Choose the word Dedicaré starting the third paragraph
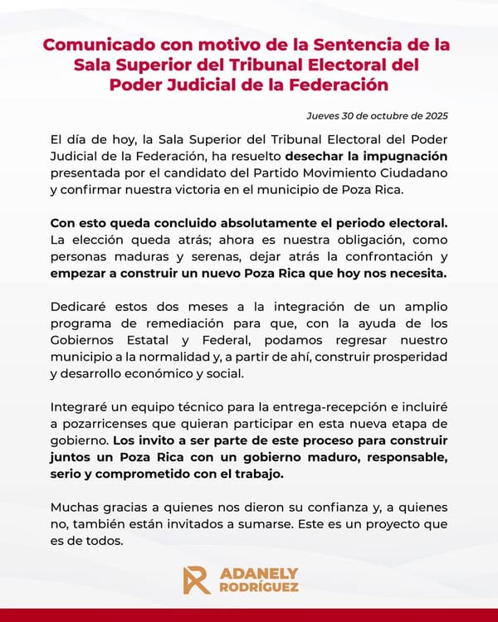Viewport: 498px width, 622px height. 80,307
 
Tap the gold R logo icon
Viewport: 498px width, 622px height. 197,580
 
